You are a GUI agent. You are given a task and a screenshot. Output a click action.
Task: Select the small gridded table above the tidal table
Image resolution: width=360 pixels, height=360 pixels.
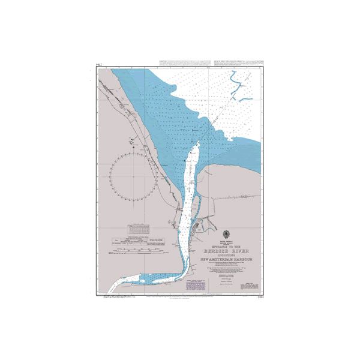coord(140,228)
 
